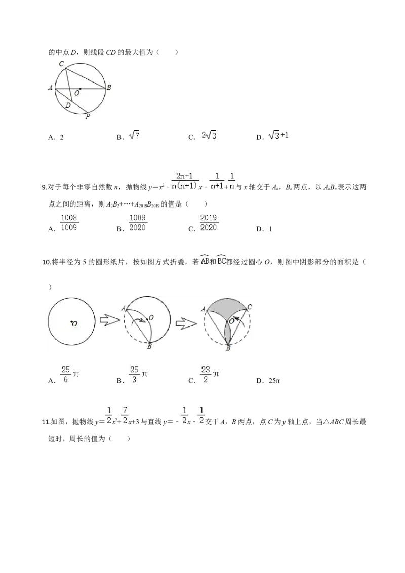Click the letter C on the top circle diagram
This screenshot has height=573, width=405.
click(61, 64)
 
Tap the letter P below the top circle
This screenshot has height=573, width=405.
click(88, 117)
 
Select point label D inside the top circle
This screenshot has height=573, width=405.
click(68, 105)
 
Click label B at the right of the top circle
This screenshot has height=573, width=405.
click(109, 88)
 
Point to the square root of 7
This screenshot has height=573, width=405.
click(134, 136)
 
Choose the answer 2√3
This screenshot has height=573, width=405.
click(209, 136)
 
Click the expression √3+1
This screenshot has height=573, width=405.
click(279, 136)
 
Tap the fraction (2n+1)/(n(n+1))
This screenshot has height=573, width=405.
click(186, 181)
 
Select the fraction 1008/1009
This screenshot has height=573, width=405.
click(68, 223)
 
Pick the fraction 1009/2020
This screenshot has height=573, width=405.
click(138, 223)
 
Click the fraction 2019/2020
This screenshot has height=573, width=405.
click(209, 223)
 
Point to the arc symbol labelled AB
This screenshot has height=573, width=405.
click(205, 260)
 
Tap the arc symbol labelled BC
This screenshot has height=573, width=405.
click(221, 260)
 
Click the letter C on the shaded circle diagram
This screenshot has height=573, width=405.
click(250, 307)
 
